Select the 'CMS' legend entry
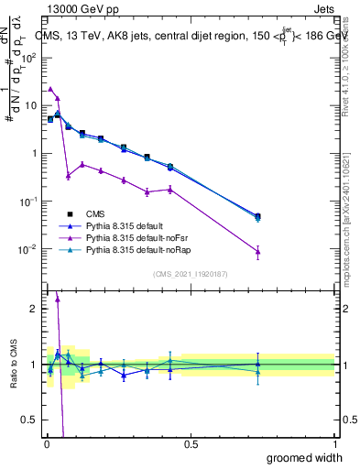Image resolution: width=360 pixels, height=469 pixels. coord(107,213)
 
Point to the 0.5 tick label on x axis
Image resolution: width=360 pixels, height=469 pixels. coord(191,442)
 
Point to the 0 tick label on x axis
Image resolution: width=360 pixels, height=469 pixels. coord(45,442)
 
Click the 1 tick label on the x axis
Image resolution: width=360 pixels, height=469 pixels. coord(334,442)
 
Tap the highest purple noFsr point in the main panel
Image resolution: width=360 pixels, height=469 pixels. coord(50,89)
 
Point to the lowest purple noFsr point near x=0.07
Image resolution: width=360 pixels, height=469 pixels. coord(68,175)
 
